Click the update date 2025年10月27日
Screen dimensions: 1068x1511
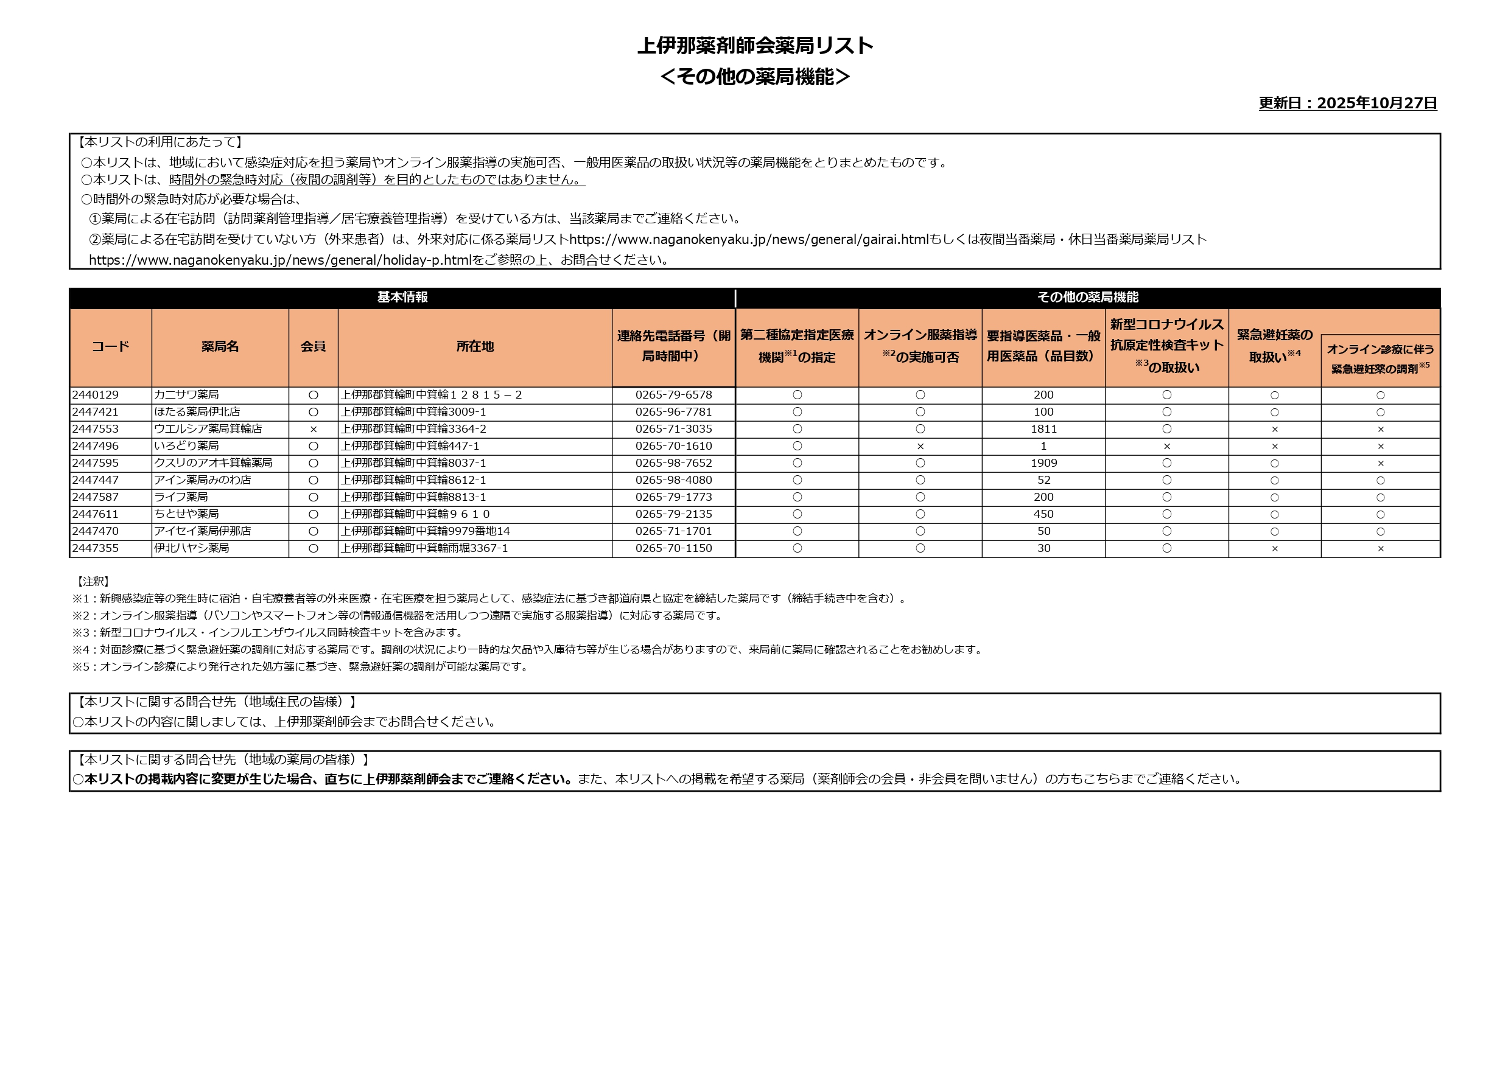click(1348, 103)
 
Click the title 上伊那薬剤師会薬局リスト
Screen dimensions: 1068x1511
click(755, 46)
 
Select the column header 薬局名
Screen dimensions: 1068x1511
click(220, 347)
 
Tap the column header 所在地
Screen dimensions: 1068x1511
click(474, 347)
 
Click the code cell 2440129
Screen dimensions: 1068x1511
click(96, 395)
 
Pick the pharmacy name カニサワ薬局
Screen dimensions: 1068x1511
click(186, 395)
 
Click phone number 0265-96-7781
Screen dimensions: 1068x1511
click(673, 412)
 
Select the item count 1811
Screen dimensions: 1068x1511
click(1043, 429)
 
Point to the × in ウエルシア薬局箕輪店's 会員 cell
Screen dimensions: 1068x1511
click(314, 430)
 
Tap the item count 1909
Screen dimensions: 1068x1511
click(1043, 463)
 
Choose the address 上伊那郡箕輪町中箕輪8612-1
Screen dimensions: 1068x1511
click(413, 480)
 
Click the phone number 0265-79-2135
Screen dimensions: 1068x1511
click(673, 514)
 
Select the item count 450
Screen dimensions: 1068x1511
click(1043, 514)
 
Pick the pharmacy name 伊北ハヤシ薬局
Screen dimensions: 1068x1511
click(192, 548)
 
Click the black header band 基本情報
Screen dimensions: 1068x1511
click(402, 298)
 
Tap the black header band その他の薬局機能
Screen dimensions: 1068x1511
click(1087, 298)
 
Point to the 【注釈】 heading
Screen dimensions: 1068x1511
click(93, 582)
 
